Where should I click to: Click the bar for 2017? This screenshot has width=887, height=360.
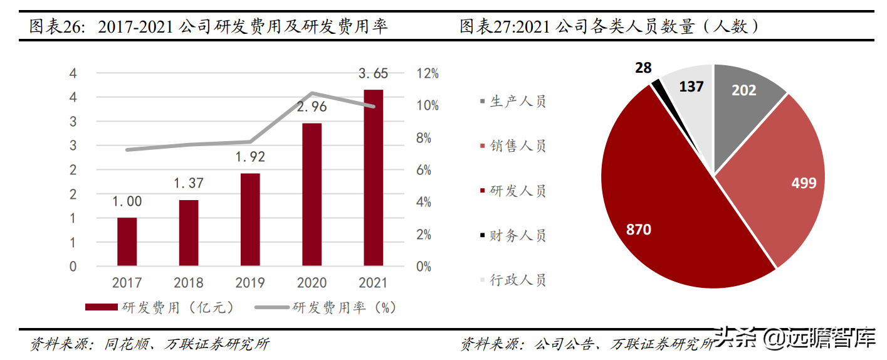click(x=127, y=241)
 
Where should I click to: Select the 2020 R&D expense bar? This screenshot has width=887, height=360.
click(x=312, y=194)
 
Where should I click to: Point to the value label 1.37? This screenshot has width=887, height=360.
click(x=188, y=183)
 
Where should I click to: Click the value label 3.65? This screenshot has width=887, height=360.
click(x=373, y=73)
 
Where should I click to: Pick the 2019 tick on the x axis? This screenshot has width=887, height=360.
click(x=249, y=283)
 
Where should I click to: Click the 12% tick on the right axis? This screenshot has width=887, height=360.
click(x=428, y=73)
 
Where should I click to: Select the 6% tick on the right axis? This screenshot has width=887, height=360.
click(x=428, y=170)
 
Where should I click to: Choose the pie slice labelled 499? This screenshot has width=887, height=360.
click(x=784, y=182)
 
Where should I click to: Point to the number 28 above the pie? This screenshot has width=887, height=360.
click(x=643, y=68)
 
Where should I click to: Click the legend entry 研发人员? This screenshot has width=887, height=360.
click(x=513, y=191)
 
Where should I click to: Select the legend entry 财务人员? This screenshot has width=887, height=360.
click(x=513, y=235)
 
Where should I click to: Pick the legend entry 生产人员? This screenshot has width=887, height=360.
click(x=513, y=102)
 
